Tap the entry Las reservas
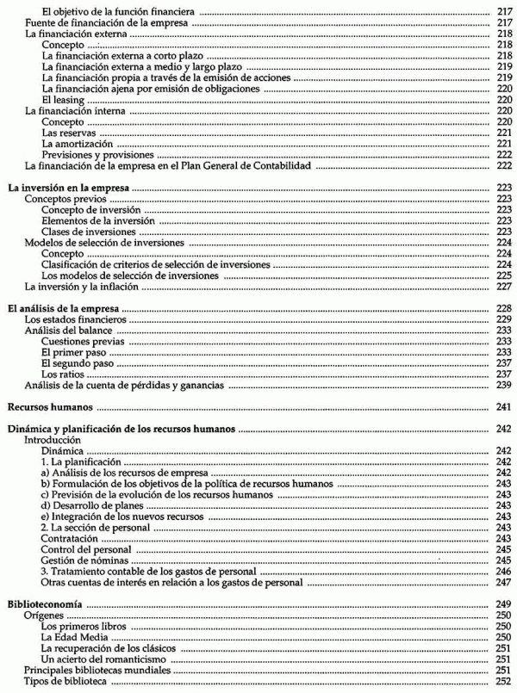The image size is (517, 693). point(67,133)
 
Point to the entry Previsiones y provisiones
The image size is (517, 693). point(90,154)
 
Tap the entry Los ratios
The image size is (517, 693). point(61,374)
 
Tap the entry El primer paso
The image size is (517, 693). point(72,352)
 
